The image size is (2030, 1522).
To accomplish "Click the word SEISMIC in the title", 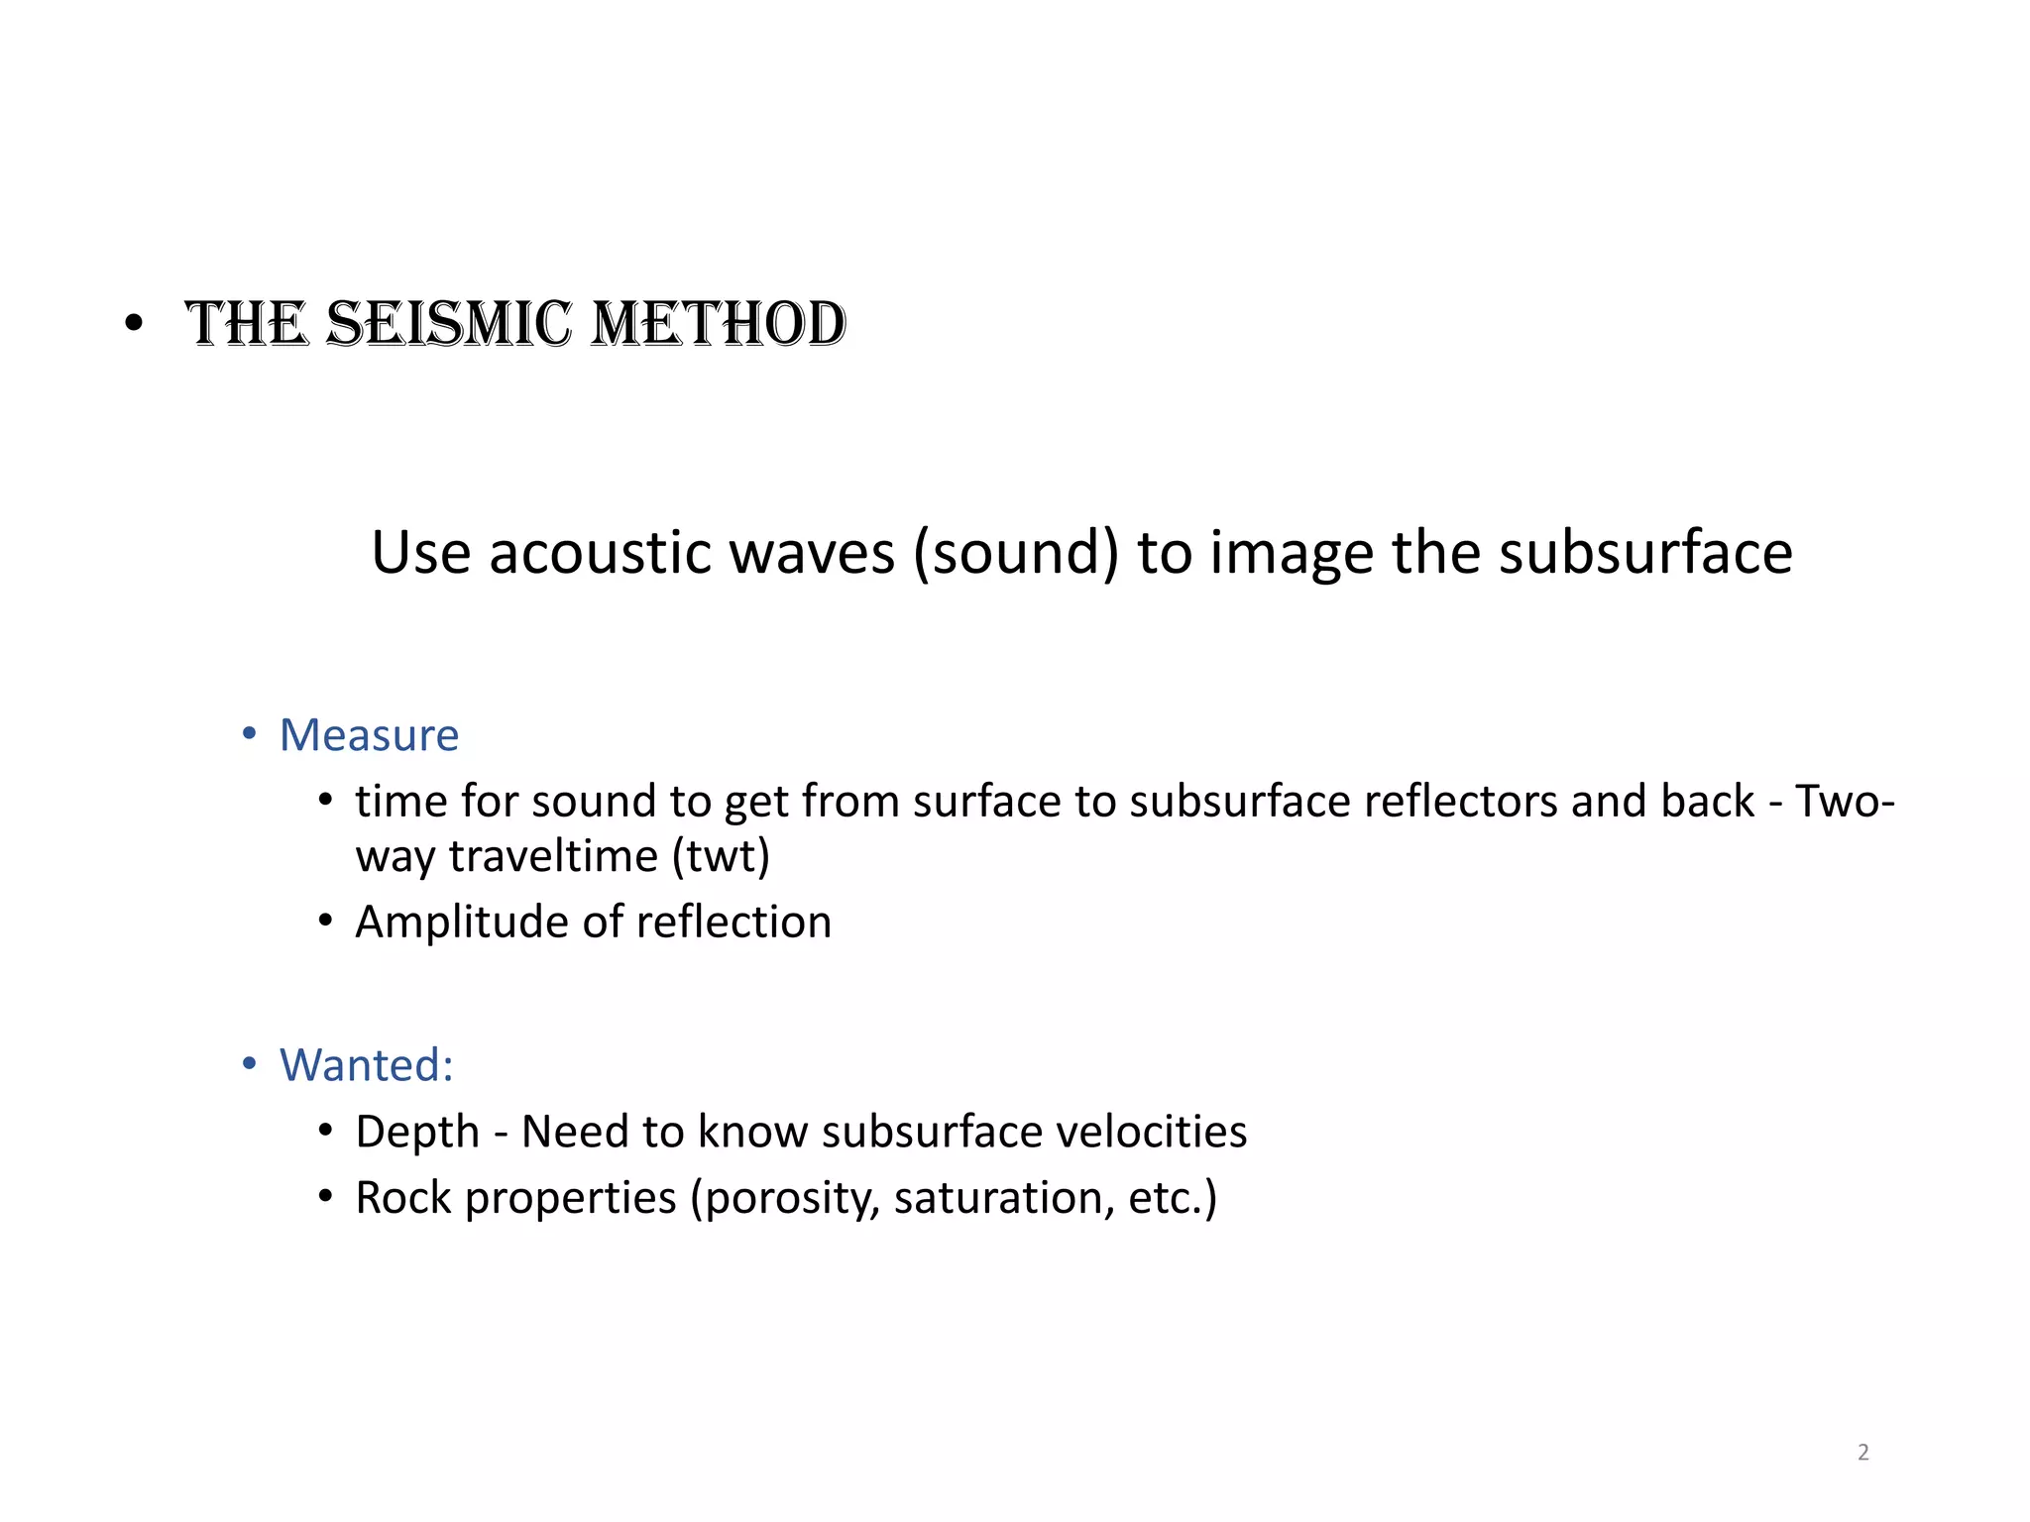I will pos(449,324).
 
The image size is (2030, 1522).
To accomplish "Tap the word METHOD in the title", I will pos(719,324).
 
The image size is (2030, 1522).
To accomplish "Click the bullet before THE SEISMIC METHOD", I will pos(135,324).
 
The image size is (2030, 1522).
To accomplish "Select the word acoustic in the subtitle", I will pos(601,552).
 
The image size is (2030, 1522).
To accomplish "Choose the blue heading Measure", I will pos(369,735).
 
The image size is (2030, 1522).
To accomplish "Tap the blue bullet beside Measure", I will pos(250,734).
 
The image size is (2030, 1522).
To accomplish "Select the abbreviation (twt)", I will pos(721,856).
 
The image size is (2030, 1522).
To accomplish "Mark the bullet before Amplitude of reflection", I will pos(326,922).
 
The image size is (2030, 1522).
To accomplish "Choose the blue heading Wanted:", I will pos(367,1065).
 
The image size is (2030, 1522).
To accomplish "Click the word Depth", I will pos(417,1133).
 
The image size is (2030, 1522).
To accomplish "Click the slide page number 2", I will pos(1863,1453).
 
